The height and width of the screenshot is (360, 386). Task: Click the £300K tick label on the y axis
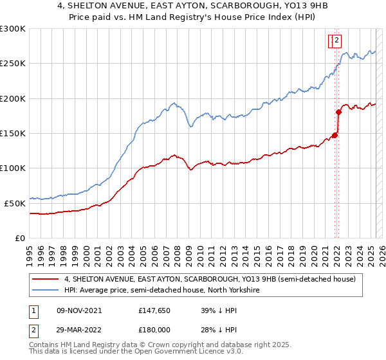tap(13, 29)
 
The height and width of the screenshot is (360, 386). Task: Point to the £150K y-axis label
tap(13, 133)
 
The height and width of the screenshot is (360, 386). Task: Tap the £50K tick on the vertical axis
tap(15, 203)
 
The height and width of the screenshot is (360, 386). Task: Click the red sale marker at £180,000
tap(338, 113)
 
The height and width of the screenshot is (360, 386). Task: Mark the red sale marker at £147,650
tap(335, 135)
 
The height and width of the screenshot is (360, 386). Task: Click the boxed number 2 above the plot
tap(337, 41)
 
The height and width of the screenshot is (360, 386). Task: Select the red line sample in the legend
tap(45, 279)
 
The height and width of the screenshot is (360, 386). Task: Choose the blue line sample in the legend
tap(45, 290)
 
